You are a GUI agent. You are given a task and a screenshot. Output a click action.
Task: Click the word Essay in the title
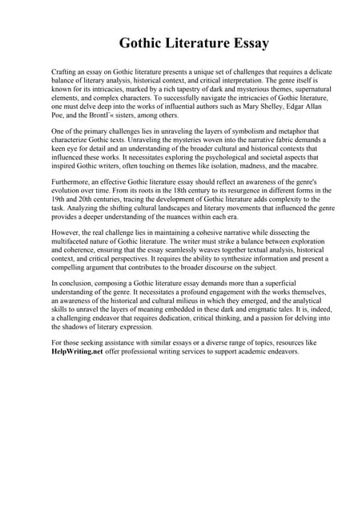(x=245, y=42)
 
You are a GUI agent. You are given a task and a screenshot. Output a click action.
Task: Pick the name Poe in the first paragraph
(x=58, y=115)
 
